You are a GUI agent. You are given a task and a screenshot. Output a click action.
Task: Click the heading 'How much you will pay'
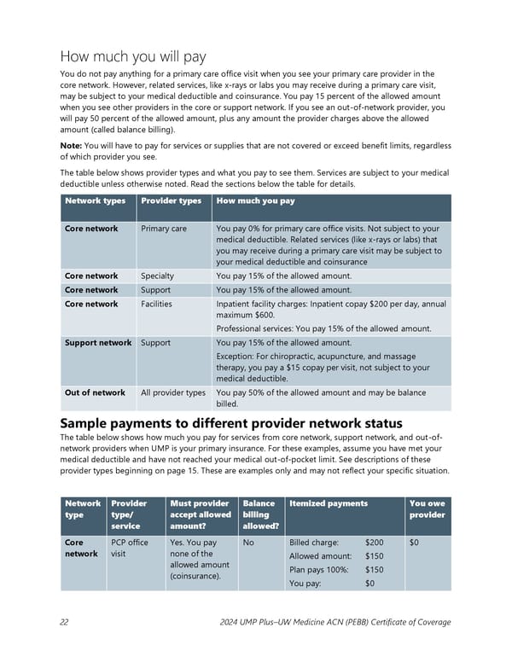(x=133, y=56)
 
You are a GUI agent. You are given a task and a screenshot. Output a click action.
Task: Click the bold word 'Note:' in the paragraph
(x=75, y=146)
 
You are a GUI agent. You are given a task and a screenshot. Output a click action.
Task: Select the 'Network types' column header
(x=96, y=201)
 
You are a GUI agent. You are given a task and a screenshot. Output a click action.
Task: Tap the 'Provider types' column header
(x=171, y=201)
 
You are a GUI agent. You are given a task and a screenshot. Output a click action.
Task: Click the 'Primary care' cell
(x=163, y=229)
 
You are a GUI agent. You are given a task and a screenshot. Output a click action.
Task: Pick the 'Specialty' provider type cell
(x=157, y=276)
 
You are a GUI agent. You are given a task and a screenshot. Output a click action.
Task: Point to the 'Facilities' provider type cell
(x=156, y=304)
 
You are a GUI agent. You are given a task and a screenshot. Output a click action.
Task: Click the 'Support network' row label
(x=98, y=343)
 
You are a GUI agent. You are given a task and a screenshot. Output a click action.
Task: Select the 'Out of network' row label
(x=95, y=393)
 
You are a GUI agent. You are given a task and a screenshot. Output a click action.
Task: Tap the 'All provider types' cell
(x=173, y=393)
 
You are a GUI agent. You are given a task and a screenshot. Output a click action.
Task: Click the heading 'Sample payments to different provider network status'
(x=231, y=424)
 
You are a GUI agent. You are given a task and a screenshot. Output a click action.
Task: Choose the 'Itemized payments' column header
(x=329, y=503)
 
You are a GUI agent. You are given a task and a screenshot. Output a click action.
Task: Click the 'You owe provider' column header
(x=427, y=508)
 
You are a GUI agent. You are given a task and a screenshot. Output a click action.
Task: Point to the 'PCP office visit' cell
(x=129, y=548)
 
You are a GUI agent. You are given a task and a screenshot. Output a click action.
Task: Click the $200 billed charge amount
(x=374, y=543)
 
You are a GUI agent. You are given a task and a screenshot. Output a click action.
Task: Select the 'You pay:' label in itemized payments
(x=305, y=584)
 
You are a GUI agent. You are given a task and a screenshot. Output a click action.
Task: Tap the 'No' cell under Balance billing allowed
(x=248, y=543)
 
